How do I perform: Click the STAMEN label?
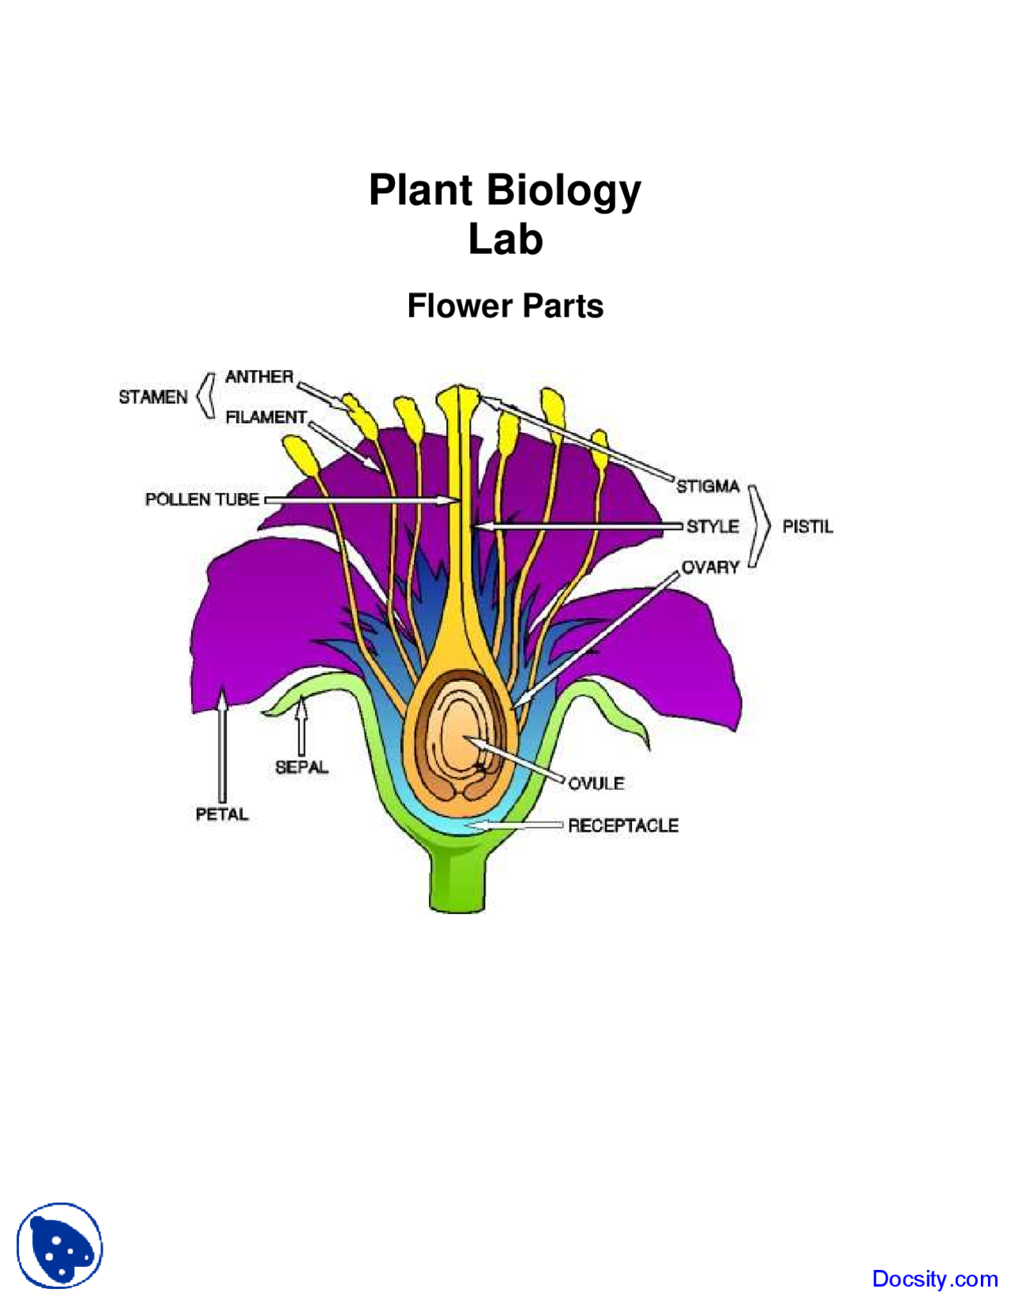[x=152, y=397]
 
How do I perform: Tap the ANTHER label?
[x=258, y=377]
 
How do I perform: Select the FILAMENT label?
[x=265, y=417]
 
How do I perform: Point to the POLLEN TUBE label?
[x=201, y=499]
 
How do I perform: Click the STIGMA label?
[x=707, y=486]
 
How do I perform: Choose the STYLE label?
[x=712, y=526]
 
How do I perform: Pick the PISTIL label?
[x=807, y=527]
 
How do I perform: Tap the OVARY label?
[x=710, y=567]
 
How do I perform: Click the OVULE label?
[x=596, y=784]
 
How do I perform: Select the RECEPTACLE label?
[x=623, y=825]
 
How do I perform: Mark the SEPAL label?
[x=301, y=767]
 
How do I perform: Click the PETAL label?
[x=222, y=814]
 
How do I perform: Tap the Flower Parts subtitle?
[x=505, y=306]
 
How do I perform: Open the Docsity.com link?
[x=934, y=1279]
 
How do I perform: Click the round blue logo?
[x=60, y=1246]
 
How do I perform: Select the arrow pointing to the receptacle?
[x=517, y=825]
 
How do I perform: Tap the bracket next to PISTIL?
[x=760, y=526]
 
